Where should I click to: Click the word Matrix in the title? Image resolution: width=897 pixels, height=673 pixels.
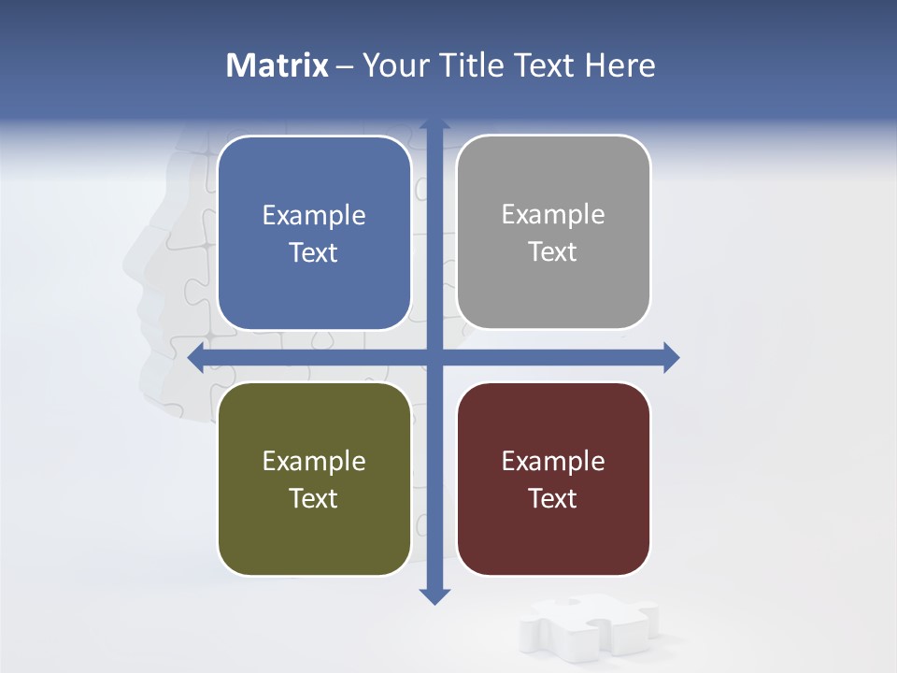pos(278,65)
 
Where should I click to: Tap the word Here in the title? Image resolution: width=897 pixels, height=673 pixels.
pos(620,65)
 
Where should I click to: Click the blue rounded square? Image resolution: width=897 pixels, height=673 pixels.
pos(314,233)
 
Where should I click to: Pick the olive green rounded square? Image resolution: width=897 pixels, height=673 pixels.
pos(314,479)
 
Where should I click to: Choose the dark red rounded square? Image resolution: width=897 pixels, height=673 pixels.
pos(553,479)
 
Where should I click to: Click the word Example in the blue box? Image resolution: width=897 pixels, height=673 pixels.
pos(314,216)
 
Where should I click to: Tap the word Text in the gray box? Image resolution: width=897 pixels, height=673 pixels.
pos(553,251)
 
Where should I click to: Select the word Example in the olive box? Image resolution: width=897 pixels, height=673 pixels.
pos(314,462)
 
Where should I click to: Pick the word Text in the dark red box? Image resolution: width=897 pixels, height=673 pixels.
pos(553,498)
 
